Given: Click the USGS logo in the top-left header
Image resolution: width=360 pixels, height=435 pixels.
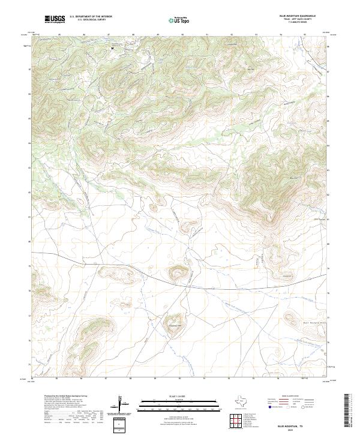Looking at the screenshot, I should click(55, 19).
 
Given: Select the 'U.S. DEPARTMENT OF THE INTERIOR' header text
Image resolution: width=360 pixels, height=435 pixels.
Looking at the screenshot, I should click(91, 17).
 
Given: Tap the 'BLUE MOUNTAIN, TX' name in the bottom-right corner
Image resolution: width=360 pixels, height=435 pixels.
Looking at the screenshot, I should click(294, 425).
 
